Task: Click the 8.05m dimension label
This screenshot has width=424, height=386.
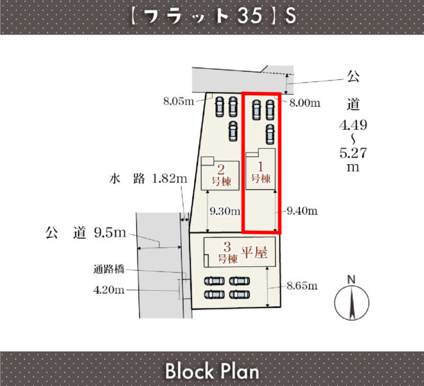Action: [x=179, y=101]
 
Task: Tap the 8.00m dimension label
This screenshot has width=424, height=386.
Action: [x=305, y=103]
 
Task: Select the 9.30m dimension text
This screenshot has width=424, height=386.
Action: [x=225, y=211]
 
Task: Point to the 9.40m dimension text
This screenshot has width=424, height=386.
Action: [x=302, y=211]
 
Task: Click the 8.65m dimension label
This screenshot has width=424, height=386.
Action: [x=302, y=286]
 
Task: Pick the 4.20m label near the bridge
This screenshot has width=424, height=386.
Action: [x=109, y=290]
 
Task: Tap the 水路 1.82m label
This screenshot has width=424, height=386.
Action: [x=148, y=179]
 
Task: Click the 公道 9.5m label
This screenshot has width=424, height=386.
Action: [x=85, y=233]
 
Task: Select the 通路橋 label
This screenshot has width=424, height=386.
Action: [x=109, y=270]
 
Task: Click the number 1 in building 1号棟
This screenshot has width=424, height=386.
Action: [x=260, y=167]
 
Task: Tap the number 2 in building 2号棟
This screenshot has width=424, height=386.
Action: [x=221, y=170]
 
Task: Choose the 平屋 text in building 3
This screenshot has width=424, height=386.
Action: [x=254, y=252]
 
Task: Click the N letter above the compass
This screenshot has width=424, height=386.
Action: [x=351, y=279]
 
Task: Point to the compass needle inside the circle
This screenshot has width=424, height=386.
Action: [x=352, y=302]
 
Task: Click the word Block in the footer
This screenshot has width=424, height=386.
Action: [x=189, y=371]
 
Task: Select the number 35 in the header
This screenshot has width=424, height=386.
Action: [x=250, y=15]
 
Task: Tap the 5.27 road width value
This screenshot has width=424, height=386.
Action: [x=353, y=153]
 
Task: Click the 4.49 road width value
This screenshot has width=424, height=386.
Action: [x=353, y=125]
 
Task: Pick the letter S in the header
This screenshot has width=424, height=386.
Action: [x=290, y=15]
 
